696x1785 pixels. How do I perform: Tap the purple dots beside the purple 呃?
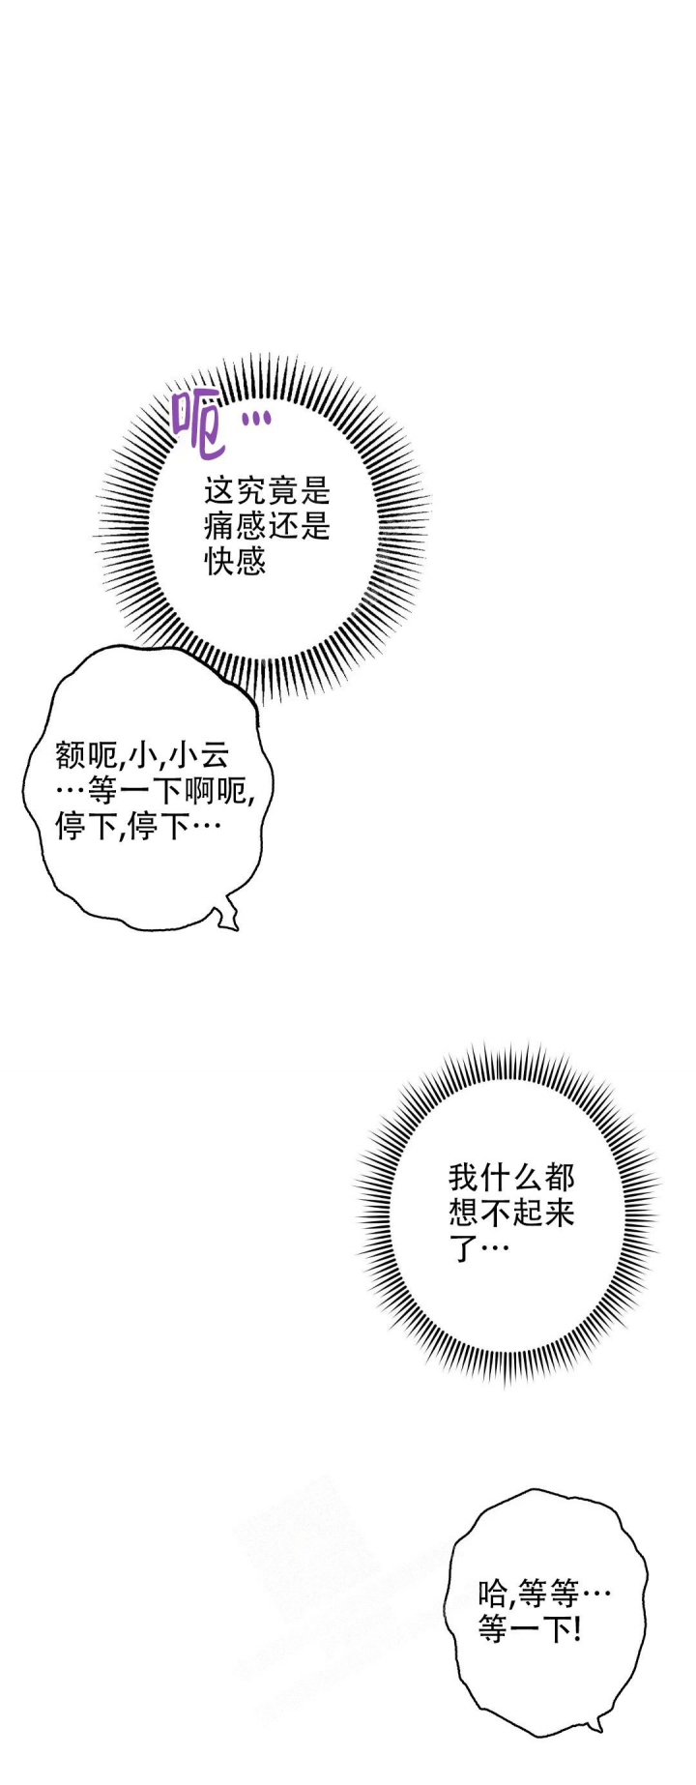255,419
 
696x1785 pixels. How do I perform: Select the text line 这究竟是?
267,491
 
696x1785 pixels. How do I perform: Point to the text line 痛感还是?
267,526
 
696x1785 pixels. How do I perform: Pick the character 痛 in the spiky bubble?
219,526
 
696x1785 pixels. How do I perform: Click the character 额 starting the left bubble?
72,754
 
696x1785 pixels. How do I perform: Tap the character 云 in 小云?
214,754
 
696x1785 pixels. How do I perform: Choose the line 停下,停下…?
138,827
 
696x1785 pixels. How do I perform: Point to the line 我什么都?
511,1177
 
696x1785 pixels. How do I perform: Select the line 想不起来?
511,1212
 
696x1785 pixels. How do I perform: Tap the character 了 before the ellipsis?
465,1247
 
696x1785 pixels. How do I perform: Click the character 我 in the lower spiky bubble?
464,1177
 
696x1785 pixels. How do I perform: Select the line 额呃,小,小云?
143,755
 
